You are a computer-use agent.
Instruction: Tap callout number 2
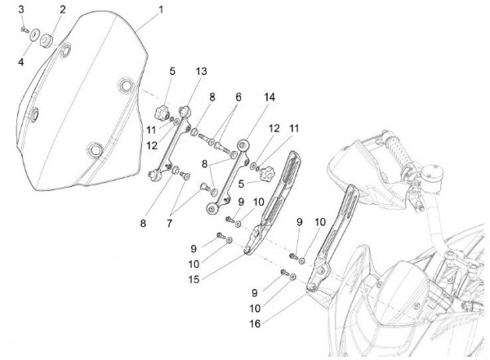pyautogui.click(x=62, y=9)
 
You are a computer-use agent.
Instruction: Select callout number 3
pyautogui.click(x=22, y=9)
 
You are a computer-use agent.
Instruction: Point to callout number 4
pyautogui.click(x=22, y=60)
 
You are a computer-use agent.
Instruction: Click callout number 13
pyautogui.click(x=201, y=72)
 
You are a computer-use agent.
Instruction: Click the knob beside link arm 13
pyautogui.click(x=166, y=109)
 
